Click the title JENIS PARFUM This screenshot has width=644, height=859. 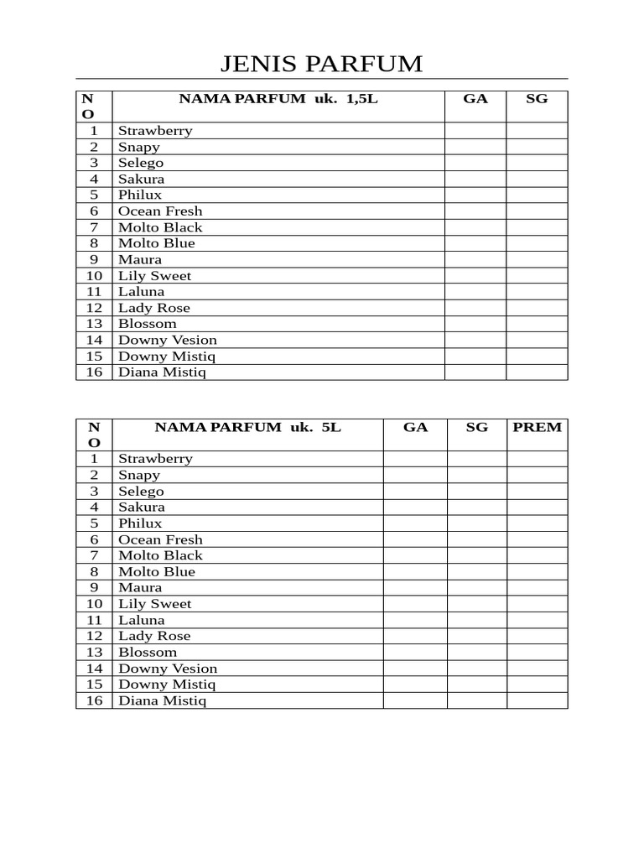(x=321, y=64)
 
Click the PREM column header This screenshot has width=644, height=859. (x=538, y=427)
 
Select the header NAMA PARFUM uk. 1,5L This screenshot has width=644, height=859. (x=278, y=99)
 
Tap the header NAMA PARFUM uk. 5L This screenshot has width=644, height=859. (x=248, y=427)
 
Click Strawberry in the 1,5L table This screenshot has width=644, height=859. (x=155, y=131)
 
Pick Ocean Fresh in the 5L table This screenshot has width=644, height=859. (x=160, y=539)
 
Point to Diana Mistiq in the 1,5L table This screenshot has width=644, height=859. (x=162, y=372)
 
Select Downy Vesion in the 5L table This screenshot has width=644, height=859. (x=168, y=669)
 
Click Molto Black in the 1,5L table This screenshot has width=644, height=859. (x=160, y=227)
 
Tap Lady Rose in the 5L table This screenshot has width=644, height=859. (x=154, y=636)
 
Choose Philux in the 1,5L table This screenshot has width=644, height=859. (x=140, y=195)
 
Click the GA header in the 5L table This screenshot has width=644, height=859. (x=415, y=427)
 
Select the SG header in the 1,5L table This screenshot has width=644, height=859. (x=537, y=99)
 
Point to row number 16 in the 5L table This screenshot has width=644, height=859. (x=94, y=700)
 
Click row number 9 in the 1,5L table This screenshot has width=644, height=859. (x=94, y=259)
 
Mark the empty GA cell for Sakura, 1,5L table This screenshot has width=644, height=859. (x=475, y=179)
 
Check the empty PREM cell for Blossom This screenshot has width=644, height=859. (x=538, y=652)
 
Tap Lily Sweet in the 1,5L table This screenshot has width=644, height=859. (x=154, y=275)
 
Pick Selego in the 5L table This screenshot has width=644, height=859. (x=141, y=491)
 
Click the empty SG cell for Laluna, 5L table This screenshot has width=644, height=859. (x=476, y=620)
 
